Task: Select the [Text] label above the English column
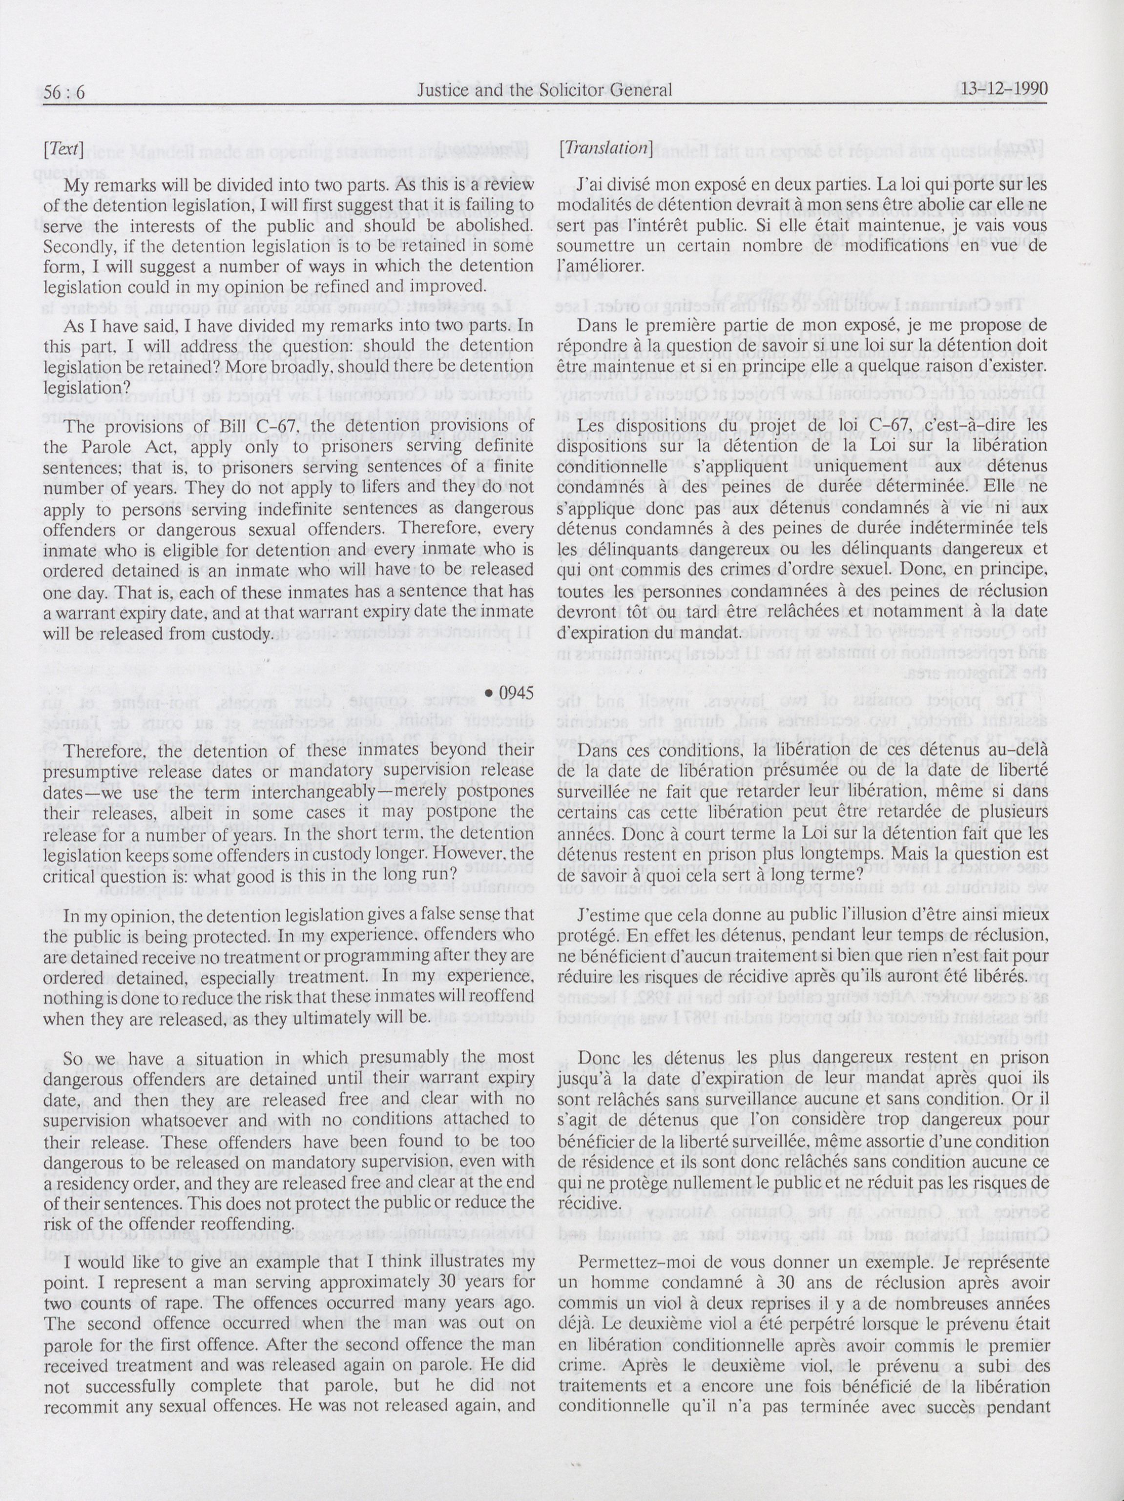[x=63, y=148]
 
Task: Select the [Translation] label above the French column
[x=605, y=148]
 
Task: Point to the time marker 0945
[x=510, y=693]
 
